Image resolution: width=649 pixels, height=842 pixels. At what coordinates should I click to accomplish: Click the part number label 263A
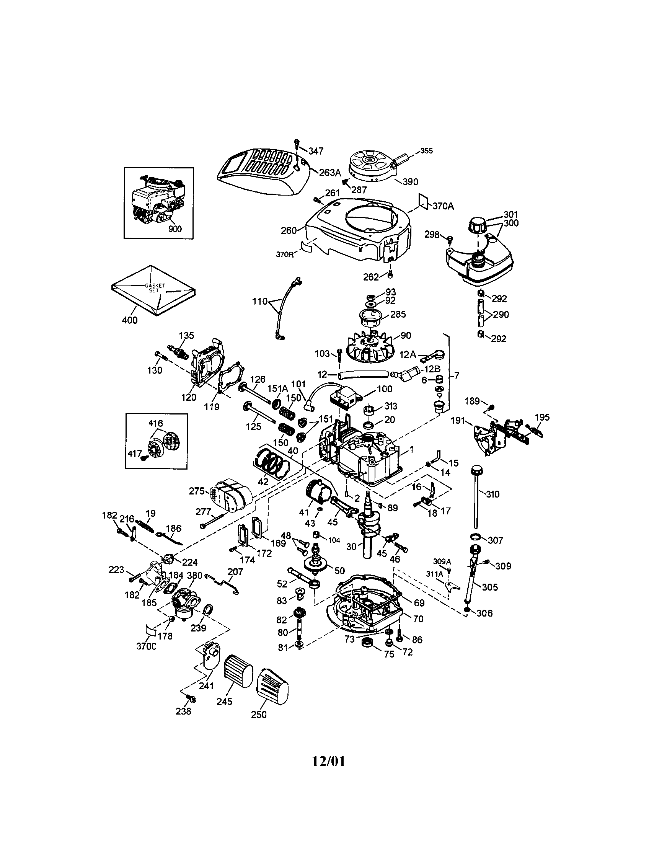pos(330,172)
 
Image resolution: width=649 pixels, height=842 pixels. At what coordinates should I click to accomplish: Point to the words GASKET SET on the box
pos(155,287)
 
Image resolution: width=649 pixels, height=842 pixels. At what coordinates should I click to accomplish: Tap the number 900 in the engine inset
pos(175,228)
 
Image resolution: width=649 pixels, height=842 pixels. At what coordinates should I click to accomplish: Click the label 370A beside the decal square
pos(443,206)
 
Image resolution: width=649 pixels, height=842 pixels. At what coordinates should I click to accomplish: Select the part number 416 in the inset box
pos(156,424)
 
